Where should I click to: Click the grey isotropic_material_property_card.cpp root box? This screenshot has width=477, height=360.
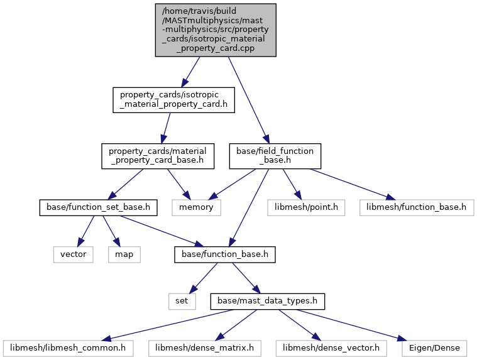click(216, 30)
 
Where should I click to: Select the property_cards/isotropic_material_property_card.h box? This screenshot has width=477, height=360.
click(173, 100)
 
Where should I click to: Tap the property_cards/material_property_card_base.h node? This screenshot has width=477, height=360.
click(158, 156)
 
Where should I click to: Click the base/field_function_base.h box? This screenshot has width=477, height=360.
click(275, 156)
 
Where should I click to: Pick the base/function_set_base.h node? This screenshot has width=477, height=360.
click(98, 208)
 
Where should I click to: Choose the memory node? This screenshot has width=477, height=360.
click(196, 208)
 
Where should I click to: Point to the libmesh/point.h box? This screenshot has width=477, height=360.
click(306, 208)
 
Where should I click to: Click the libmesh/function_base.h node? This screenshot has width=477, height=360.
click(417, 208)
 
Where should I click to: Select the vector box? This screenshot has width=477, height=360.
click(74, 254)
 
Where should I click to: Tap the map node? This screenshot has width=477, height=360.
click(124, 254)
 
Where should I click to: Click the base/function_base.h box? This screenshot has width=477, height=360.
click(225, 254)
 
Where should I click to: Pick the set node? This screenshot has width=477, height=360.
click(182, 302)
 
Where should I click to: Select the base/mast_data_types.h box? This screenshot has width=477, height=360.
click(267, 302)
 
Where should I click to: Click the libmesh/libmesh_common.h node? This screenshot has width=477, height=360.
click(68, 348)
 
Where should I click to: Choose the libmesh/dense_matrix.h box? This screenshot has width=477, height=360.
click(205, 348)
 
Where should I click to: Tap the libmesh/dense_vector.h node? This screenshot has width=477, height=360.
click(331, 348)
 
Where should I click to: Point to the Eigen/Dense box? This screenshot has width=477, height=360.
click(434, 348)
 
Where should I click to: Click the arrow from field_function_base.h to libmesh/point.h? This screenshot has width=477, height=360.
click(292, 184)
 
